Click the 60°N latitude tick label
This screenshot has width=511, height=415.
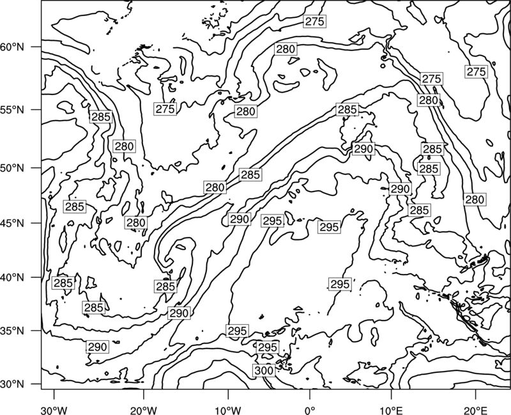click(x=12, y=47)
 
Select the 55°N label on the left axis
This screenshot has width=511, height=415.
click(x=12, y=110)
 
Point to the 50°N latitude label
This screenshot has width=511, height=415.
click(x=12, y=169)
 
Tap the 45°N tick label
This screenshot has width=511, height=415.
click(x=12, y=223)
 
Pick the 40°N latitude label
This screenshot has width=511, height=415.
click(x=12, y=278)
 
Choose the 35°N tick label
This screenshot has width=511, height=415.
click(x=12, y=331)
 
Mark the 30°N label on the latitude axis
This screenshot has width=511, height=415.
click(x=12, y=384)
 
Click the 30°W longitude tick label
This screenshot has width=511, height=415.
click(x=54, y=410)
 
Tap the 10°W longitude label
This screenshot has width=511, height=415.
click(x=228, y=410)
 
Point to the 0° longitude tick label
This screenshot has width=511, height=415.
click(x=310, y=410)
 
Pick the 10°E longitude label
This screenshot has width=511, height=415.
click(x=391, y=410)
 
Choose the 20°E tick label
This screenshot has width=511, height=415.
click(x=475, y=410)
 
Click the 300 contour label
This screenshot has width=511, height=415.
click(x=264, y=370)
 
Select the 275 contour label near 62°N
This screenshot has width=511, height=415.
click(x=314, y=22)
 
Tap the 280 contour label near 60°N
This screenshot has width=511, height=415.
click(x=286, y=49)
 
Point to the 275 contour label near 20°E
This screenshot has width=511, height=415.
click(x=476, y=72)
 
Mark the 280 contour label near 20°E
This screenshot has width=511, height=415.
click(x=475, y=199)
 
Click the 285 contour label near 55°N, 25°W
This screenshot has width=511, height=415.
click(x=101, y=117)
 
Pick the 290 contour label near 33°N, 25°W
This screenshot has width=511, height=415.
click(x=98, y=347)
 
